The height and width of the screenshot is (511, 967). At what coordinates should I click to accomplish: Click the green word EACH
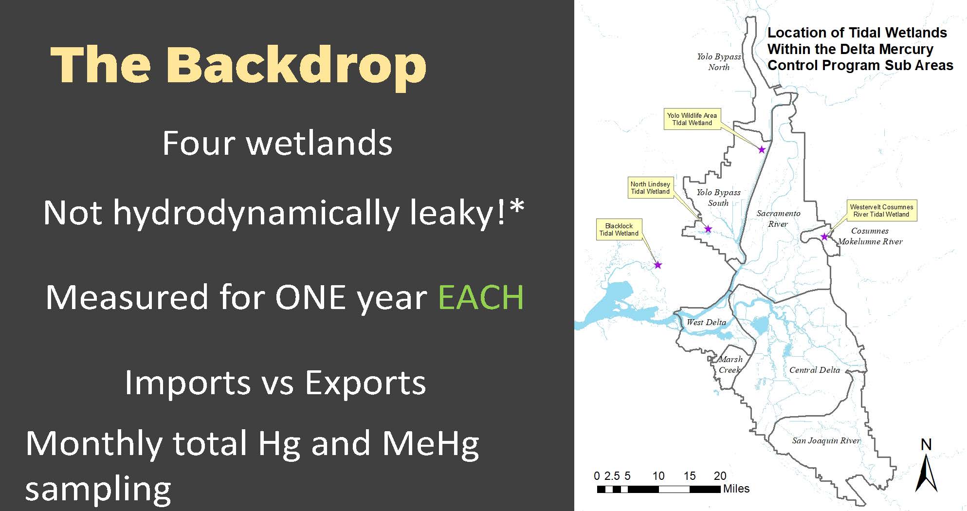click(481, 297)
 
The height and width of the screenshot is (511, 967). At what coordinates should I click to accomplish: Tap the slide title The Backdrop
click(238, 66)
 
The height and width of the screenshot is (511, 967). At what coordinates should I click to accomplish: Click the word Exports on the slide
click(365, 383)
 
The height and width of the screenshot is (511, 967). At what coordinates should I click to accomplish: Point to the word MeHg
click(430, 444)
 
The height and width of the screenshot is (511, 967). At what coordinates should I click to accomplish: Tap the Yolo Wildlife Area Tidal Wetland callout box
click(692, 119)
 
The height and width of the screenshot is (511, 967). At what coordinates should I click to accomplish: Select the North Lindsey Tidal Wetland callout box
click(650, 188)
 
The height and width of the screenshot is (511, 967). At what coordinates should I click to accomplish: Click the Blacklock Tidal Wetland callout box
click(619, 230)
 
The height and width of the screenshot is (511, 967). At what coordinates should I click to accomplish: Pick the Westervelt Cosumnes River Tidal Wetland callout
click(881, 211)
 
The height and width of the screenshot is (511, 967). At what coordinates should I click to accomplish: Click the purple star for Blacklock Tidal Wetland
click(658, 265)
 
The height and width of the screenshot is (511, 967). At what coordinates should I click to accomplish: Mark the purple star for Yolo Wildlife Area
click(762, 149)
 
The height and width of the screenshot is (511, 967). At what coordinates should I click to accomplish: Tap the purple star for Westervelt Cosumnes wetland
click(824, 237)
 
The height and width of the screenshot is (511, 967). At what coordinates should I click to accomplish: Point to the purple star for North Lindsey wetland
click(708, 229)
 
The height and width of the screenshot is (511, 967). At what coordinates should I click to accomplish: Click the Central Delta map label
click(815, 370)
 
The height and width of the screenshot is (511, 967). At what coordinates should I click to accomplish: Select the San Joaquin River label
click(826, 441)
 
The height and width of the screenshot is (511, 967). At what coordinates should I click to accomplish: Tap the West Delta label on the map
click(706, 322)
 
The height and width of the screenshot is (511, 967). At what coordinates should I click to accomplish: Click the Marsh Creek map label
click(730, 365)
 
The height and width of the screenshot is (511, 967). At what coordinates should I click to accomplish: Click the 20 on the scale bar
click(720, 476)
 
